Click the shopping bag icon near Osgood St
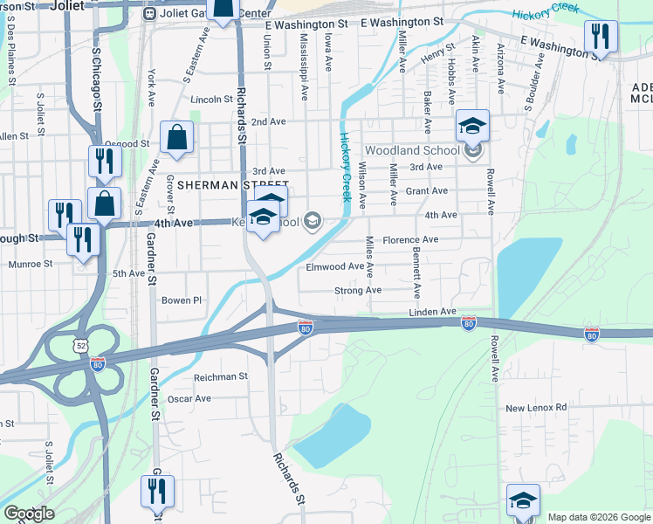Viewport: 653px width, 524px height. tap(176, 137)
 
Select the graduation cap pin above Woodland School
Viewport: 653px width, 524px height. tap(472, 127)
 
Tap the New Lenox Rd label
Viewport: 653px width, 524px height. tap(536, 408)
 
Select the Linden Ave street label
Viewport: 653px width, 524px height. tap(433, 312)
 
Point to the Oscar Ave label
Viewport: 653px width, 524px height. tap(189, 398)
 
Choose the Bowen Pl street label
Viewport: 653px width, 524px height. tap(182, 300)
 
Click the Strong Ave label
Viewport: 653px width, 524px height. tap(358, 291)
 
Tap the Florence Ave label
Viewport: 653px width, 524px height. tap(410, 239)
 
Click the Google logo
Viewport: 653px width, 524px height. tap(29, 514)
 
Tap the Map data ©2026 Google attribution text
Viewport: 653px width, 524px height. tap(597, 516)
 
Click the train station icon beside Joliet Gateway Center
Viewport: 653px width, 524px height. tap(149, 15)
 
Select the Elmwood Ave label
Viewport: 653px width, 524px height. tap(334, 267)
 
